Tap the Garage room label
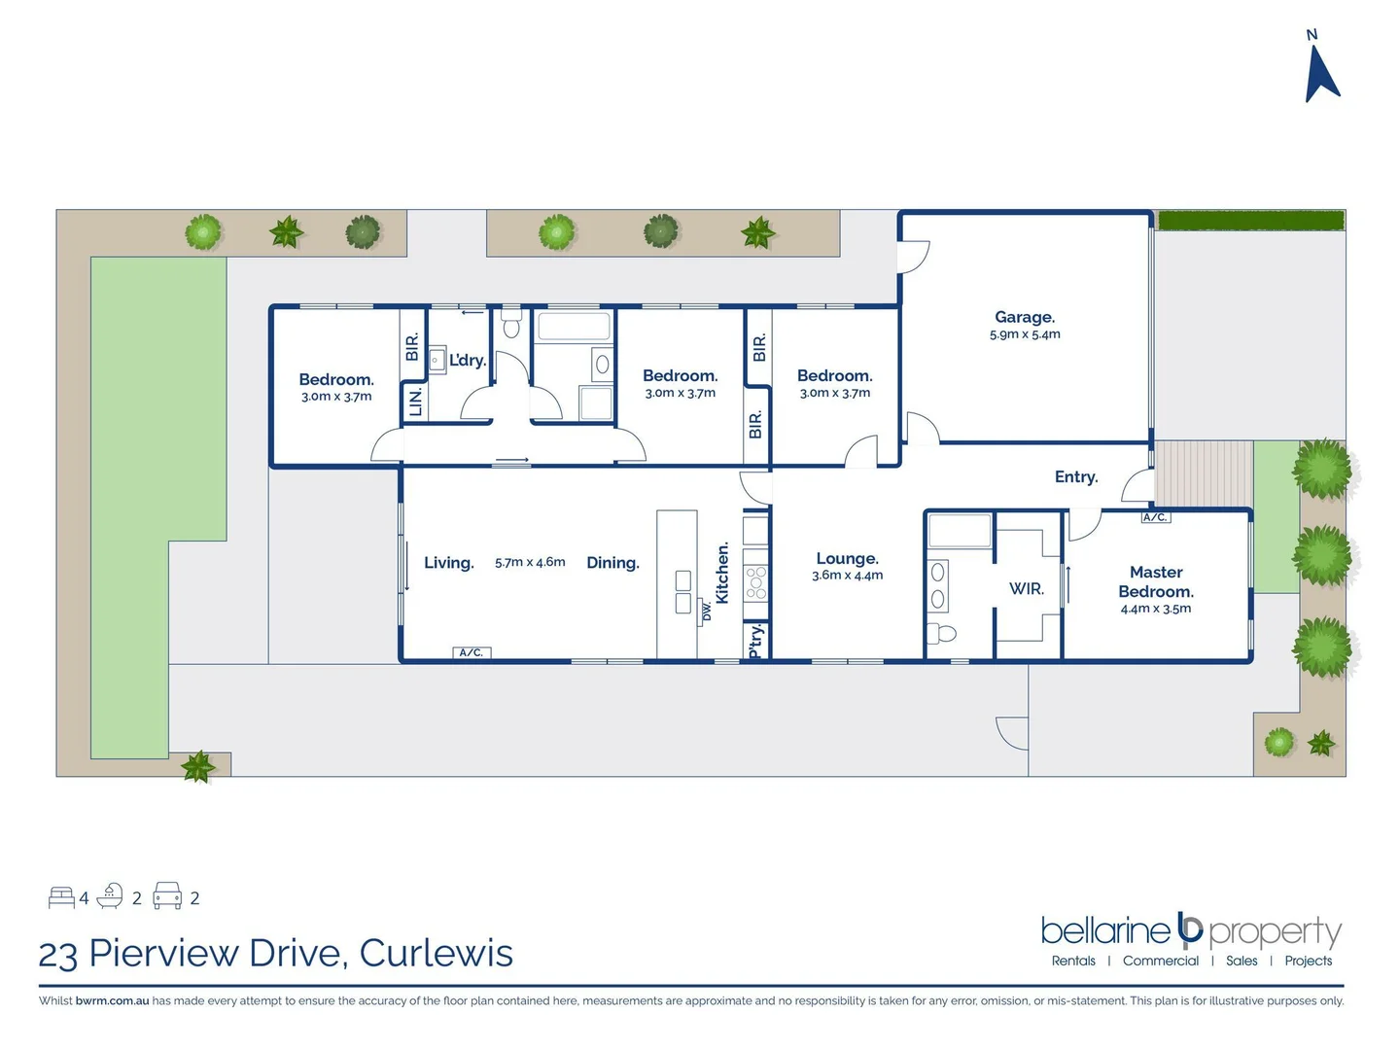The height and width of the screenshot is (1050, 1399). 1025,317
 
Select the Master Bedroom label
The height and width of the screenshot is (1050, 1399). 1156,581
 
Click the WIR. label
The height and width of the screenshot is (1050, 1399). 1027,588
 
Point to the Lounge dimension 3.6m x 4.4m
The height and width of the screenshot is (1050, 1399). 848,576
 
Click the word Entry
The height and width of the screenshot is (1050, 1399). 1076,476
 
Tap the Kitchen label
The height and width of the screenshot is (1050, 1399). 722,573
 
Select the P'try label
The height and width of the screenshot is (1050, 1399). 756,642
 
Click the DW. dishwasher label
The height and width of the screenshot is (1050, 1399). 707,612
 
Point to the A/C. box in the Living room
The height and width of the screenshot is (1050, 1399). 472,652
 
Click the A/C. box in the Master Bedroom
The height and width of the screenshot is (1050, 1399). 1155,517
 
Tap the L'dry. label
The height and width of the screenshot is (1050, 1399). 468,360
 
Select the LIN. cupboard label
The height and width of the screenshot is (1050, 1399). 416,401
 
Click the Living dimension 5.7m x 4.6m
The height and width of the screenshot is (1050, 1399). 530,562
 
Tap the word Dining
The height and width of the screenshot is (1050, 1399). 612,562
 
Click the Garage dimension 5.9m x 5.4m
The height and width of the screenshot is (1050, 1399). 1025,334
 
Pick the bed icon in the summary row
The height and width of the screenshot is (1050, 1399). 61,896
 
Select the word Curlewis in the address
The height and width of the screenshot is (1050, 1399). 436,953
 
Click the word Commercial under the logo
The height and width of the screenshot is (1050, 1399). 1161,961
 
